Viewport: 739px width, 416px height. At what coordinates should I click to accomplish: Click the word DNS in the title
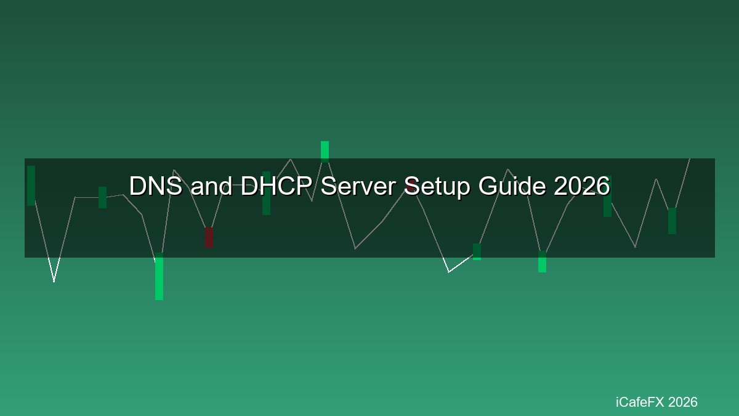point(156,186)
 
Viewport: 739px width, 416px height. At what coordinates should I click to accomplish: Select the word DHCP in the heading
point(277,186)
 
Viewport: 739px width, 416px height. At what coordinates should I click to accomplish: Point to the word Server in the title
point(358,186)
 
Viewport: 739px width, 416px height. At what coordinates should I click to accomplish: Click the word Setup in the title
point(437,187)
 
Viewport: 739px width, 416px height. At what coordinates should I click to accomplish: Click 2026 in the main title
point(582,186)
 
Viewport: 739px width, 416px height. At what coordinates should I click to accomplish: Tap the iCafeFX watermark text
point(640,402)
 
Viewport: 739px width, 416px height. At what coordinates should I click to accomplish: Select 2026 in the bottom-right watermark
point(683,402)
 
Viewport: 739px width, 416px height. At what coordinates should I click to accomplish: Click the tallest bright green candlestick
point(159,277)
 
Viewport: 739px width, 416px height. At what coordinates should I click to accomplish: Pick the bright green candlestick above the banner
point(325,152)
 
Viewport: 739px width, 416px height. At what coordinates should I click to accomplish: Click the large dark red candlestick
point(209,237)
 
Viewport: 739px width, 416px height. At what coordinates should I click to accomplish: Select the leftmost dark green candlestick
point(31,186)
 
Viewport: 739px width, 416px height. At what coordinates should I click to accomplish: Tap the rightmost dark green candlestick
point(672,221)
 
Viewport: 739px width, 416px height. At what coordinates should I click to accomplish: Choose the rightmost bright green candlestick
point(542,262)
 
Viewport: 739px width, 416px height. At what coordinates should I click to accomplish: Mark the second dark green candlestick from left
point(103,197)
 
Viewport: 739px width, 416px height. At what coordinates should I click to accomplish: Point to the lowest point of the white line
point(54,282)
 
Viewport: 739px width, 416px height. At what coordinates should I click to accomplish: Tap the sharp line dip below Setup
point(449,272)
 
